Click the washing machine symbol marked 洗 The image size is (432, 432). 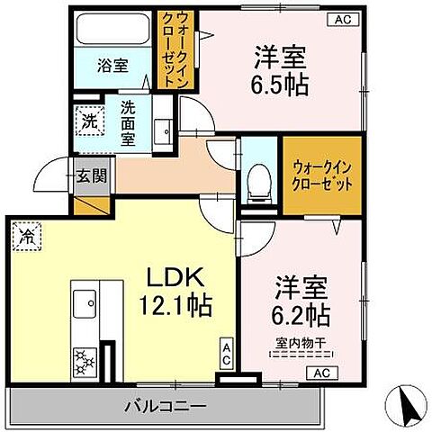coord(91,121)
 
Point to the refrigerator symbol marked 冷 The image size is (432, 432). coord(27,238)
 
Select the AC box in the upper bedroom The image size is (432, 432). coord(343,18)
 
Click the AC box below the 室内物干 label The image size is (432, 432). coord(322,373)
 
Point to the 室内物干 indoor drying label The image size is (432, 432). coord(299,341)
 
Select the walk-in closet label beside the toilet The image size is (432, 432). coord(322,175)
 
